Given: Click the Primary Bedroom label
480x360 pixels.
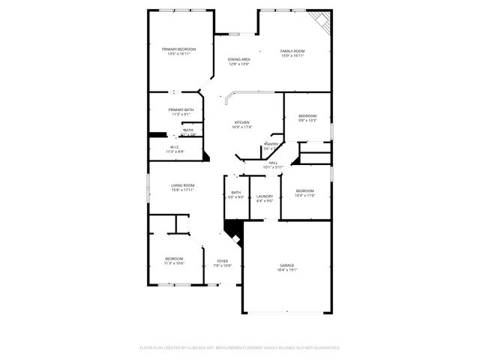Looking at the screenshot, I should click(x=178, y=49).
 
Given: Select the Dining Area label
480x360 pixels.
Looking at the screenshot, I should click(x=239, y=59).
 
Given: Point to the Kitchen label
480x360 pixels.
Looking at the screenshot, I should click(x=241, y=122).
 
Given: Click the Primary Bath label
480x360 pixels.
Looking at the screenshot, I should click(x=181, y=110).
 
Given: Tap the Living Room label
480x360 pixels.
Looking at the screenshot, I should click(x=182, y=185).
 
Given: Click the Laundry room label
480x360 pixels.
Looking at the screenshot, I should click(x=265, y=196).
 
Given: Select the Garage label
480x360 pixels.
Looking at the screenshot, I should click(x=286, y=265).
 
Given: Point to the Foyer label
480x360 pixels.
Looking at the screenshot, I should click(x=223, y=260).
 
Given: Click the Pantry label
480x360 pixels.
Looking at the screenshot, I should click(x=271, y=144).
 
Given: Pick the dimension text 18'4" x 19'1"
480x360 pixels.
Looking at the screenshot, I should click(x=286, y=270).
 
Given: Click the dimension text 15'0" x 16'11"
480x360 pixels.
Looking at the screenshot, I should click(x=292, y=55).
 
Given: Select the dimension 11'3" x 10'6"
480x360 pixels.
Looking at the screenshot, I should click(x=173, y=263).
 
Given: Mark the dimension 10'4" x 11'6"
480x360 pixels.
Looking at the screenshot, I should click(x=304, y=195).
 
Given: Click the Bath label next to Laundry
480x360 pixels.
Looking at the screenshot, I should click(x=235, y=193).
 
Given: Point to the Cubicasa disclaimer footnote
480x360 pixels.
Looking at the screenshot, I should click(x=240, y=347).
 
